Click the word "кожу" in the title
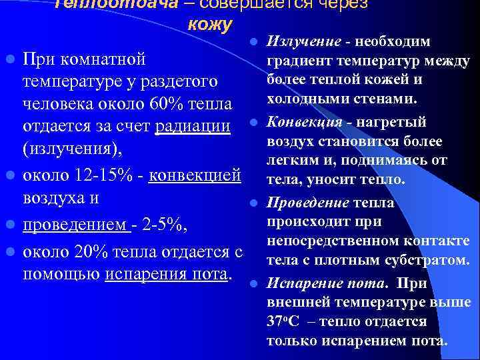coord(210,25)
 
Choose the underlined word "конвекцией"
coord(195,176)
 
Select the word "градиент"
coord(295,62)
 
